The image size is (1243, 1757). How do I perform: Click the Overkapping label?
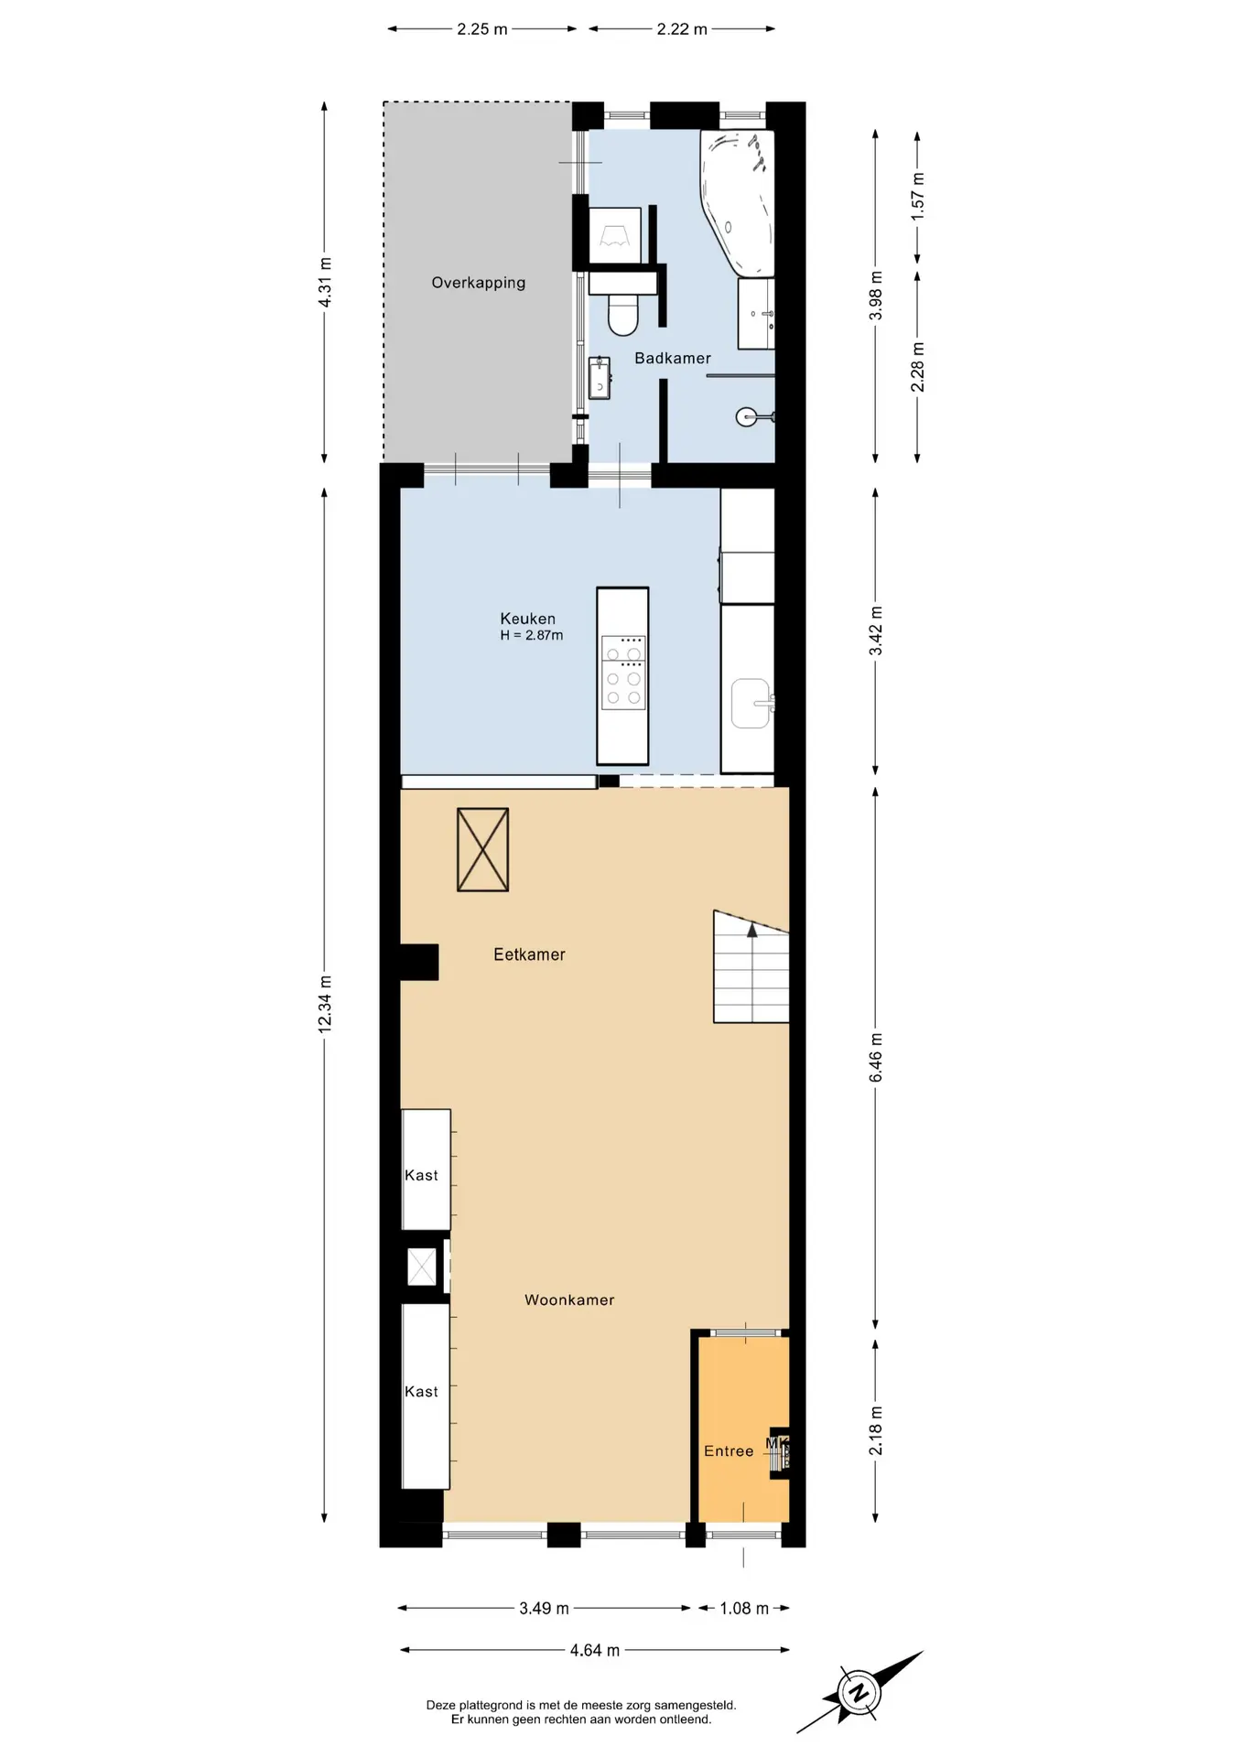click(x=478, y=283)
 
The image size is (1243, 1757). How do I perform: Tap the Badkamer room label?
click(x=673, y=358)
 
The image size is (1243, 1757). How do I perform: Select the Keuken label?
click(x=527, y=619)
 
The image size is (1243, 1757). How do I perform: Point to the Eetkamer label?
click(x=529, y=954)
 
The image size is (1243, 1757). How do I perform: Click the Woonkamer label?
click(x=569, y=1299)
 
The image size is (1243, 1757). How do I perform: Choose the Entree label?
click(x=729, y=1450)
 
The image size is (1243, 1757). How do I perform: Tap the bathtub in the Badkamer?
click(x=737, y=203)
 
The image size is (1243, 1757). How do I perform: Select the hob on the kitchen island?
click(x=623, y=673)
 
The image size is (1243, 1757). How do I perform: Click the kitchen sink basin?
click(x=751, y=703)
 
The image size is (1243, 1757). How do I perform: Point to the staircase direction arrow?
click(x=752, y=931)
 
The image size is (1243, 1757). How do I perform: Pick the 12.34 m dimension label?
click(x=325, y=1005)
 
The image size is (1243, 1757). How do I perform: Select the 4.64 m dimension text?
click(x=595, y=1650)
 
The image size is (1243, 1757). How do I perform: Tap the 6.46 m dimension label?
click(x=876, y=1057)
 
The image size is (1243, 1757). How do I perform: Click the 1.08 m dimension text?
click(x=744, y=1608)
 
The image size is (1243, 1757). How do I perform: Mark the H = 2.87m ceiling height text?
click(x=532, y=635)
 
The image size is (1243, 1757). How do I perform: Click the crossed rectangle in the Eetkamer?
click(x=482, y=849)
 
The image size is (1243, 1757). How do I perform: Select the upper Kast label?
click(x=421, y=1175)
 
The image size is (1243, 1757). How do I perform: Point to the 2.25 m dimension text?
click(x=482, y=28)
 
